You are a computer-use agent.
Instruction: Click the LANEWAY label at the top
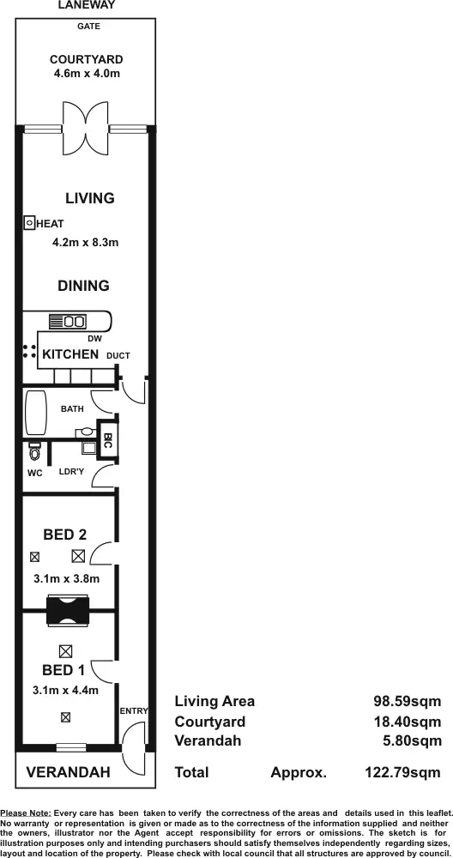pos(86,5)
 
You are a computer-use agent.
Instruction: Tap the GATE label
pos(88,27)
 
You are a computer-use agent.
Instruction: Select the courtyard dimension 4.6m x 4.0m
pos(86,74)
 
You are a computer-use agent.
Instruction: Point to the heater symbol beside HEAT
pos(28,223)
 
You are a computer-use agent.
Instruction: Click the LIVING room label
pos(89,198)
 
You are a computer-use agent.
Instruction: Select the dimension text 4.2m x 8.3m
pos(85,243)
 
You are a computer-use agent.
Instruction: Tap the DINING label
pos(83,286)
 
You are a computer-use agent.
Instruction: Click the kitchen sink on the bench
pos(67,322)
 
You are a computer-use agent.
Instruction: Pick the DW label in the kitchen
pos(94,339)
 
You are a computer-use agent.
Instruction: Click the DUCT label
pos(118,355)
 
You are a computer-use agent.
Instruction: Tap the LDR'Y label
pos(71,472)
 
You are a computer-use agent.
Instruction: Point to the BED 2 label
pos(65,535)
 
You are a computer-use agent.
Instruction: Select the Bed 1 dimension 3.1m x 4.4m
pos(66,690)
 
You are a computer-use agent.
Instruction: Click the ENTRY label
pos(134,710)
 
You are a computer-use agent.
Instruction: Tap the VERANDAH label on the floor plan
pos(68,773)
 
